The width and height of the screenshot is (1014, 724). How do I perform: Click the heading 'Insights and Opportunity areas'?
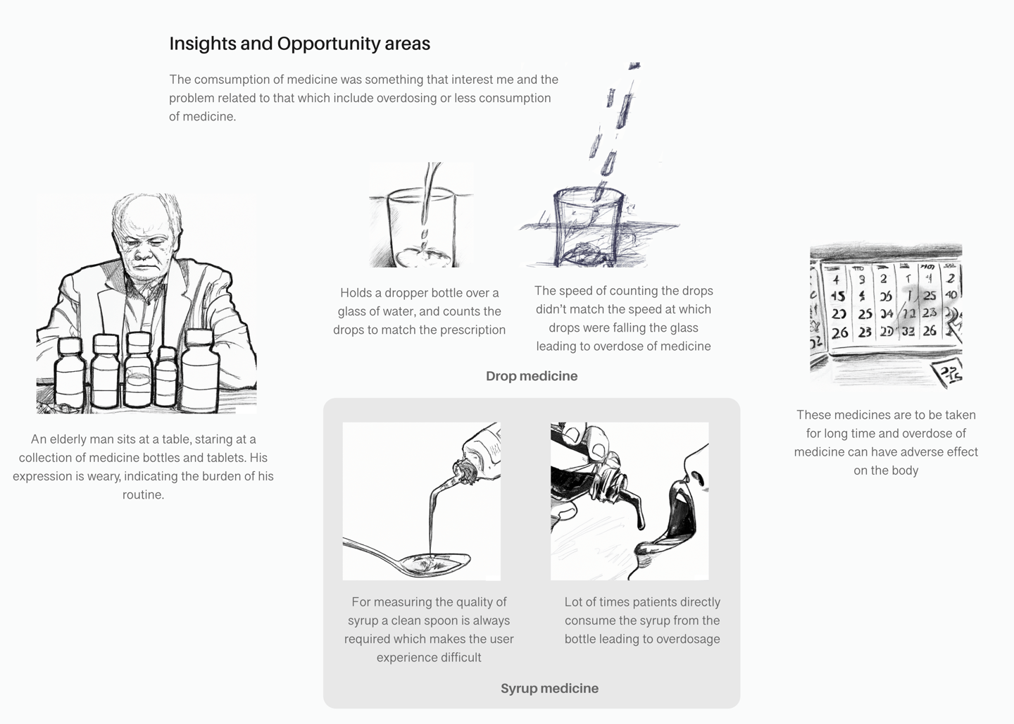click(x=300, y=44)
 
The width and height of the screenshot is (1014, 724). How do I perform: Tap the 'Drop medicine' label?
click(x=532, y=376)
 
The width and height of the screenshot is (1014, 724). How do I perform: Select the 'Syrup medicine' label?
click(x=549, y=688)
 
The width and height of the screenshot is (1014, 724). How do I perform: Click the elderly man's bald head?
click(x=145, y=218)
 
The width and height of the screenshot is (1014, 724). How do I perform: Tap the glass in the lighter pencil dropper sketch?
click(x=421, y=229)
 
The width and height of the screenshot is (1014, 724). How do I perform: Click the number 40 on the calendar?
click(x=951, y=295)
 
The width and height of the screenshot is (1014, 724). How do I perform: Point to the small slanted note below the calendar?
click(x=949, y=374)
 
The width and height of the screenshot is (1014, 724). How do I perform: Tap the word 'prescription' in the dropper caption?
click(x=472, y=330)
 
